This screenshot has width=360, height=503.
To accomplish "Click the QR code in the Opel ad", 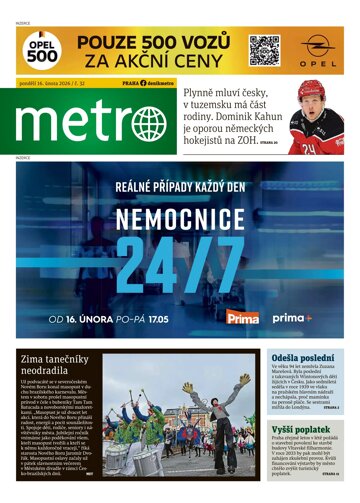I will (263, 50).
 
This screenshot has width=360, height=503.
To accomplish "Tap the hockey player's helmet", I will (311, 91).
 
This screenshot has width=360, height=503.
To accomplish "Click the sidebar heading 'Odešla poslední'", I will (297, 358).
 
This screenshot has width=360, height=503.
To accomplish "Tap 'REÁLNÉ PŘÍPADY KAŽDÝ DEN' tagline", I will (179, 185).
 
